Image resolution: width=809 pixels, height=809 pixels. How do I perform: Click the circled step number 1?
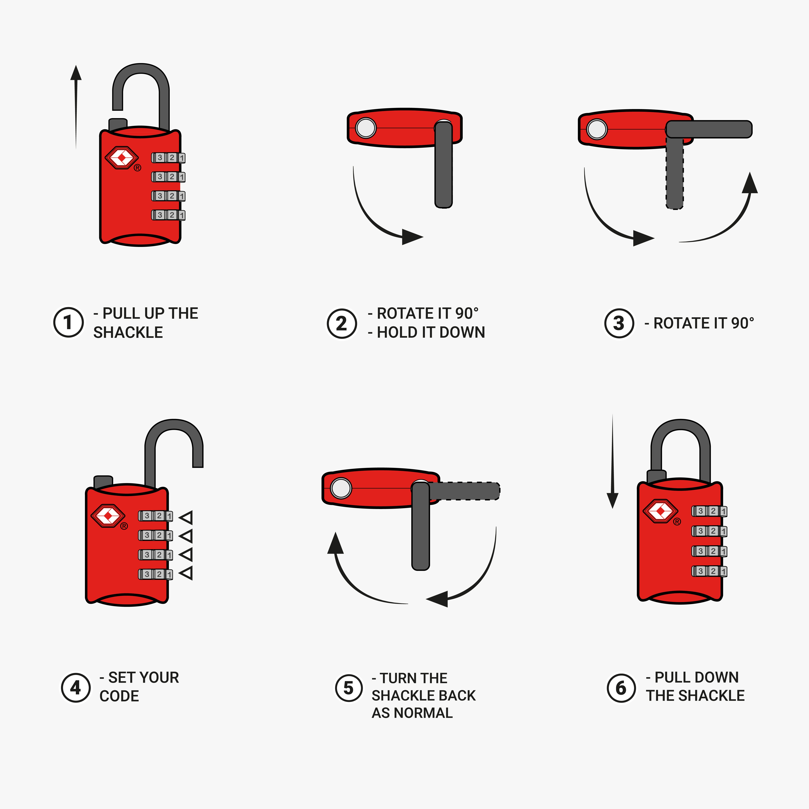[68, 322]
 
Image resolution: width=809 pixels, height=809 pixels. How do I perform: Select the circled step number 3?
[619, 323]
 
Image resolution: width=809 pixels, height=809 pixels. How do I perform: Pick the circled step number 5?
[348, 688]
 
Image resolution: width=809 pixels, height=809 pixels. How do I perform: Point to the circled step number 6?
[621, 688]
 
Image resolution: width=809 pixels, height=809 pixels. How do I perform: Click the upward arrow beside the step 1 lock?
[76, 105]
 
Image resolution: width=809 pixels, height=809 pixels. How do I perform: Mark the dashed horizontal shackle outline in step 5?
[465, 491]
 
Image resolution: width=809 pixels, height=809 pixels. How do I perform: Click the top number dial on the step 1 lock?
[168, 158]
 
